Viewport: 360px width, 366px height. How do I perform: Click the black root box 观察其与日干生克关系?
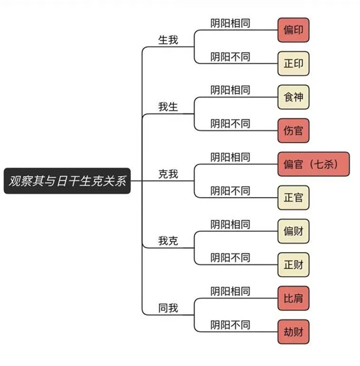(x=67, y=181)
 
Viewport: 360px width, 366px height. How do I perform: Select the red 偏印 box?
(x=293, y=30)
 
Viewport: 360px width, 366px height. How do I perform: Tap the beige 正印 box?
(x=293, y=64)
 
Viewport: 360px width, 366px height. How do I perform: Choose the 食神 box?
(x=293, y=97)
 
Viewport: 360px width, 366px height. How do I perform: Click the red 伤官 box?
(x=293, y=130)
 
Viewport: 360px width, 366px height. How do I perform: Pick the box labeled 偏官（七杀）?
(x=314, y=164)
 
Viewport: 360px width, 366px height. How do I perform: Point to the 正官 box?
(x=293, y=198)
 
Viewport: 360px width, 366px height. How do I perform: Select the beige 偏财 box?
(x=293, y=231)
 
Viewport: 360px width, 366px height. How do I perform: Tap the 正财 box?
(x=293, y=265)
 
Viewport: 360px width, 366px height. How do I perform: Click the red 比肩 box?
(x=293, y=299)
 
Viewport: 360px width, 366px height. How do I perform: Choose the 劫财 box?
(x=293, y=332)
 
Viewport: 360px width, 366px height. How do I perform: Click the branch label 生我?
(x=168, y=40)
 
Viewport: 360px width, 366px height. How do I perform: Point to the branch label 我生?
(x=168, y=107)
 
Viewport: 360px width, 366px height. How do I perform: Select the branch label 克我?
(x=168, y=174)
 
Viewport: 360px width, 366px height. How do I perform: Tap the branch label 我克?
(x=168, y=241)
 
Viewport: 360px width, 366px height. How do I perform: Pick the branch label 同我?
(x=168, y=308)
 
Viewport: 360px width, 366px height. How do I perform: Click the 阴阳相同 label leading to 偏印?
(x=230, y=23)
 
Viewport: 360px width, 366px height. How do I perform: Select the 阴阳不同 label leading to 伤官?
(x=230, y=124)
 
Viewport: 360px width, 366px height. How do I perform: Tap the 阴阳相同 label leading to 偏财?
(x=230, y=225)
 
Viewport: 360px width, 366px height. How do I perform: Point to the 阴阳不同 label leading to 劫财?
(x=230, y=325)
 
